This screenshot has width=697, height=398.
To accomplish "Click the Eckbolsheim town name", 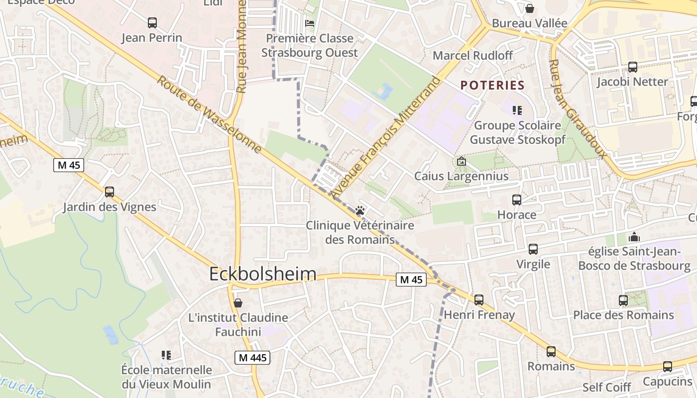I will click(263, 274).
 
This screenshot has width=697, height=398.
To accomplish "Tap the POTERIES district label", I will click(492, 85).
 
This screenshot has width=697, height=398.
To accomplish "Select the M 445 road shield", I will click(252, 357).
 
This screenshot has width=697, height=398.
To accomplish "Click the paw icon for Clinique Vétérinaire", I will click(360, 210).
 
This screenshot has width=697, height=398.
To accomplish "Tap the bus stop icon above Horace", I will click(517, 200).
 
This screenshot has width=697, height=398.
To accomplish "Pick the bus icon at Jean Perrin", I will click(152, 23).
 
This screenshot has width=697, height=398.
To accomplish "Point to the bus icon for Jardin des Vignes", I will click(110, 192).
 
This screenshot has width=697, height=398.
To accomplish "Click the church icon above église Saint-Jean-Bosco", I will click(634, 236).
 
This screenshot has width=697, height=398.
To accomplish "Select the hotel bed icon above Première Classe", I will click(310, 23).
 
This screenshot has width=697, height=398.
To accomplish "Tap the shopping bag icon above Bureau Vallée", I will click(530, 8).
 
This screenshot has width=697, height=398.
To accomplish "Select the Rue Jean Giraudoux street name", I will click(578, 109).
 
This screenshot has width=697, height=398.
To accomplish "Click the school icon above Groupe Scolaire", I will click(517, 110).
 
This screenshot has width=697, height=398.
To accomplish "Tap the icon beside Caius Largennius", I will click(462, 161).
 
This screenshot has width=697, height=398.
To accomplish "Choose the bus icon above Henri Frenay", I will click(479, 300).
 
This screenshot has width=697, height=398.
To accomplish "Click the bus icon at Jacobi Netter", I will click(633, 67).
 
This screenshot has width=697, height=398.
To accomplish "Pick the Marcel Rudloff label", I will click(472, 55).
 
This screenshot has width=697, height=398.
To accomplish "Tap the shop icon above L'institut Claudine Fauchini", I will click(238, 303).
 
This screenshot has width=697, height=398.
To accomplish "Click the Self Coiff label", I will click(606, 387).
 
